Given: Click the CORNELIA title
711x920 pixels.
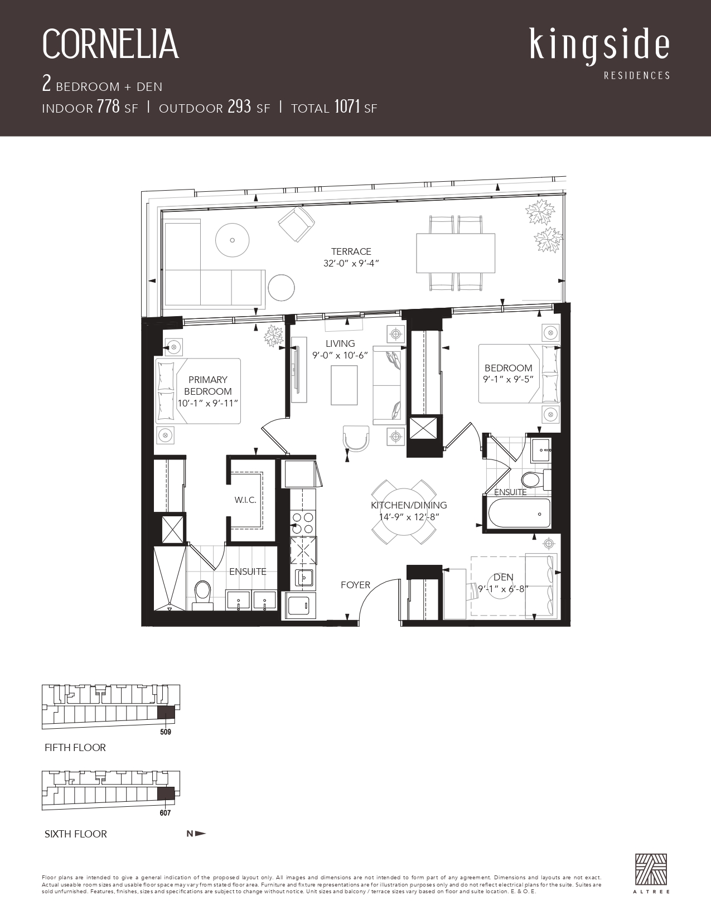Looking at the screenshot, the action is tap(110, 44).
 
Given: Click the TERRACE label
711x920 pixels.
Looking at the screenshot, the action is tap(351, 251).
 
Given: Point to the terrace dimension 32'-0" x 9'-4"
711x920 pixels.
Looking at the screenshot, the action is tap(351, 263).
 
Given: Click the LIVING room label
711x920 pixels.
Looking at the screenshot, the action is tap(340, 343).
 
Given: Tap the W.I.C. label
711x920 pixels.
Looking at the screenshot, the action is tap(245, 500).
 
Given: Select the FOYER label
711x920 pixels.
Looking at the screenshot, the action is tap(355, 585).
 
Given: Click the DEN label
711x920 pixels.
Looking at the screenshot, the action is tap(503, 577).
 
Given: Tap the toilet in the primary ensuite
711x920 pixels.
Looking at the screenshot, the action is tap(202, 595).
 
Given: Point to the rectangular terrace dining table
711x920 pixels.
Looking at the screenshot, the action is tap(456, 253).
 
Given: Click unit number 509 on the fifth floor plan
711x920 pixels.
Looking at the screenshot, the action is tap(166, 732).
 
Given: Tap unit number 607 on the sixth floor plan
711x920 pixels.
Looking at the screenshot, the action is tap(165, 813).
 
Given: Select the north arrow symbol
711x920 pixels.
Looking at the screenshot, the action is tap(196, 834).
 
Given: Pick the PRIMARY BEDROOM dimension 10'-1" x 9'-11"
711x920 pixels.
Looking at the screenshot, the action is tap(207, 404).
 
